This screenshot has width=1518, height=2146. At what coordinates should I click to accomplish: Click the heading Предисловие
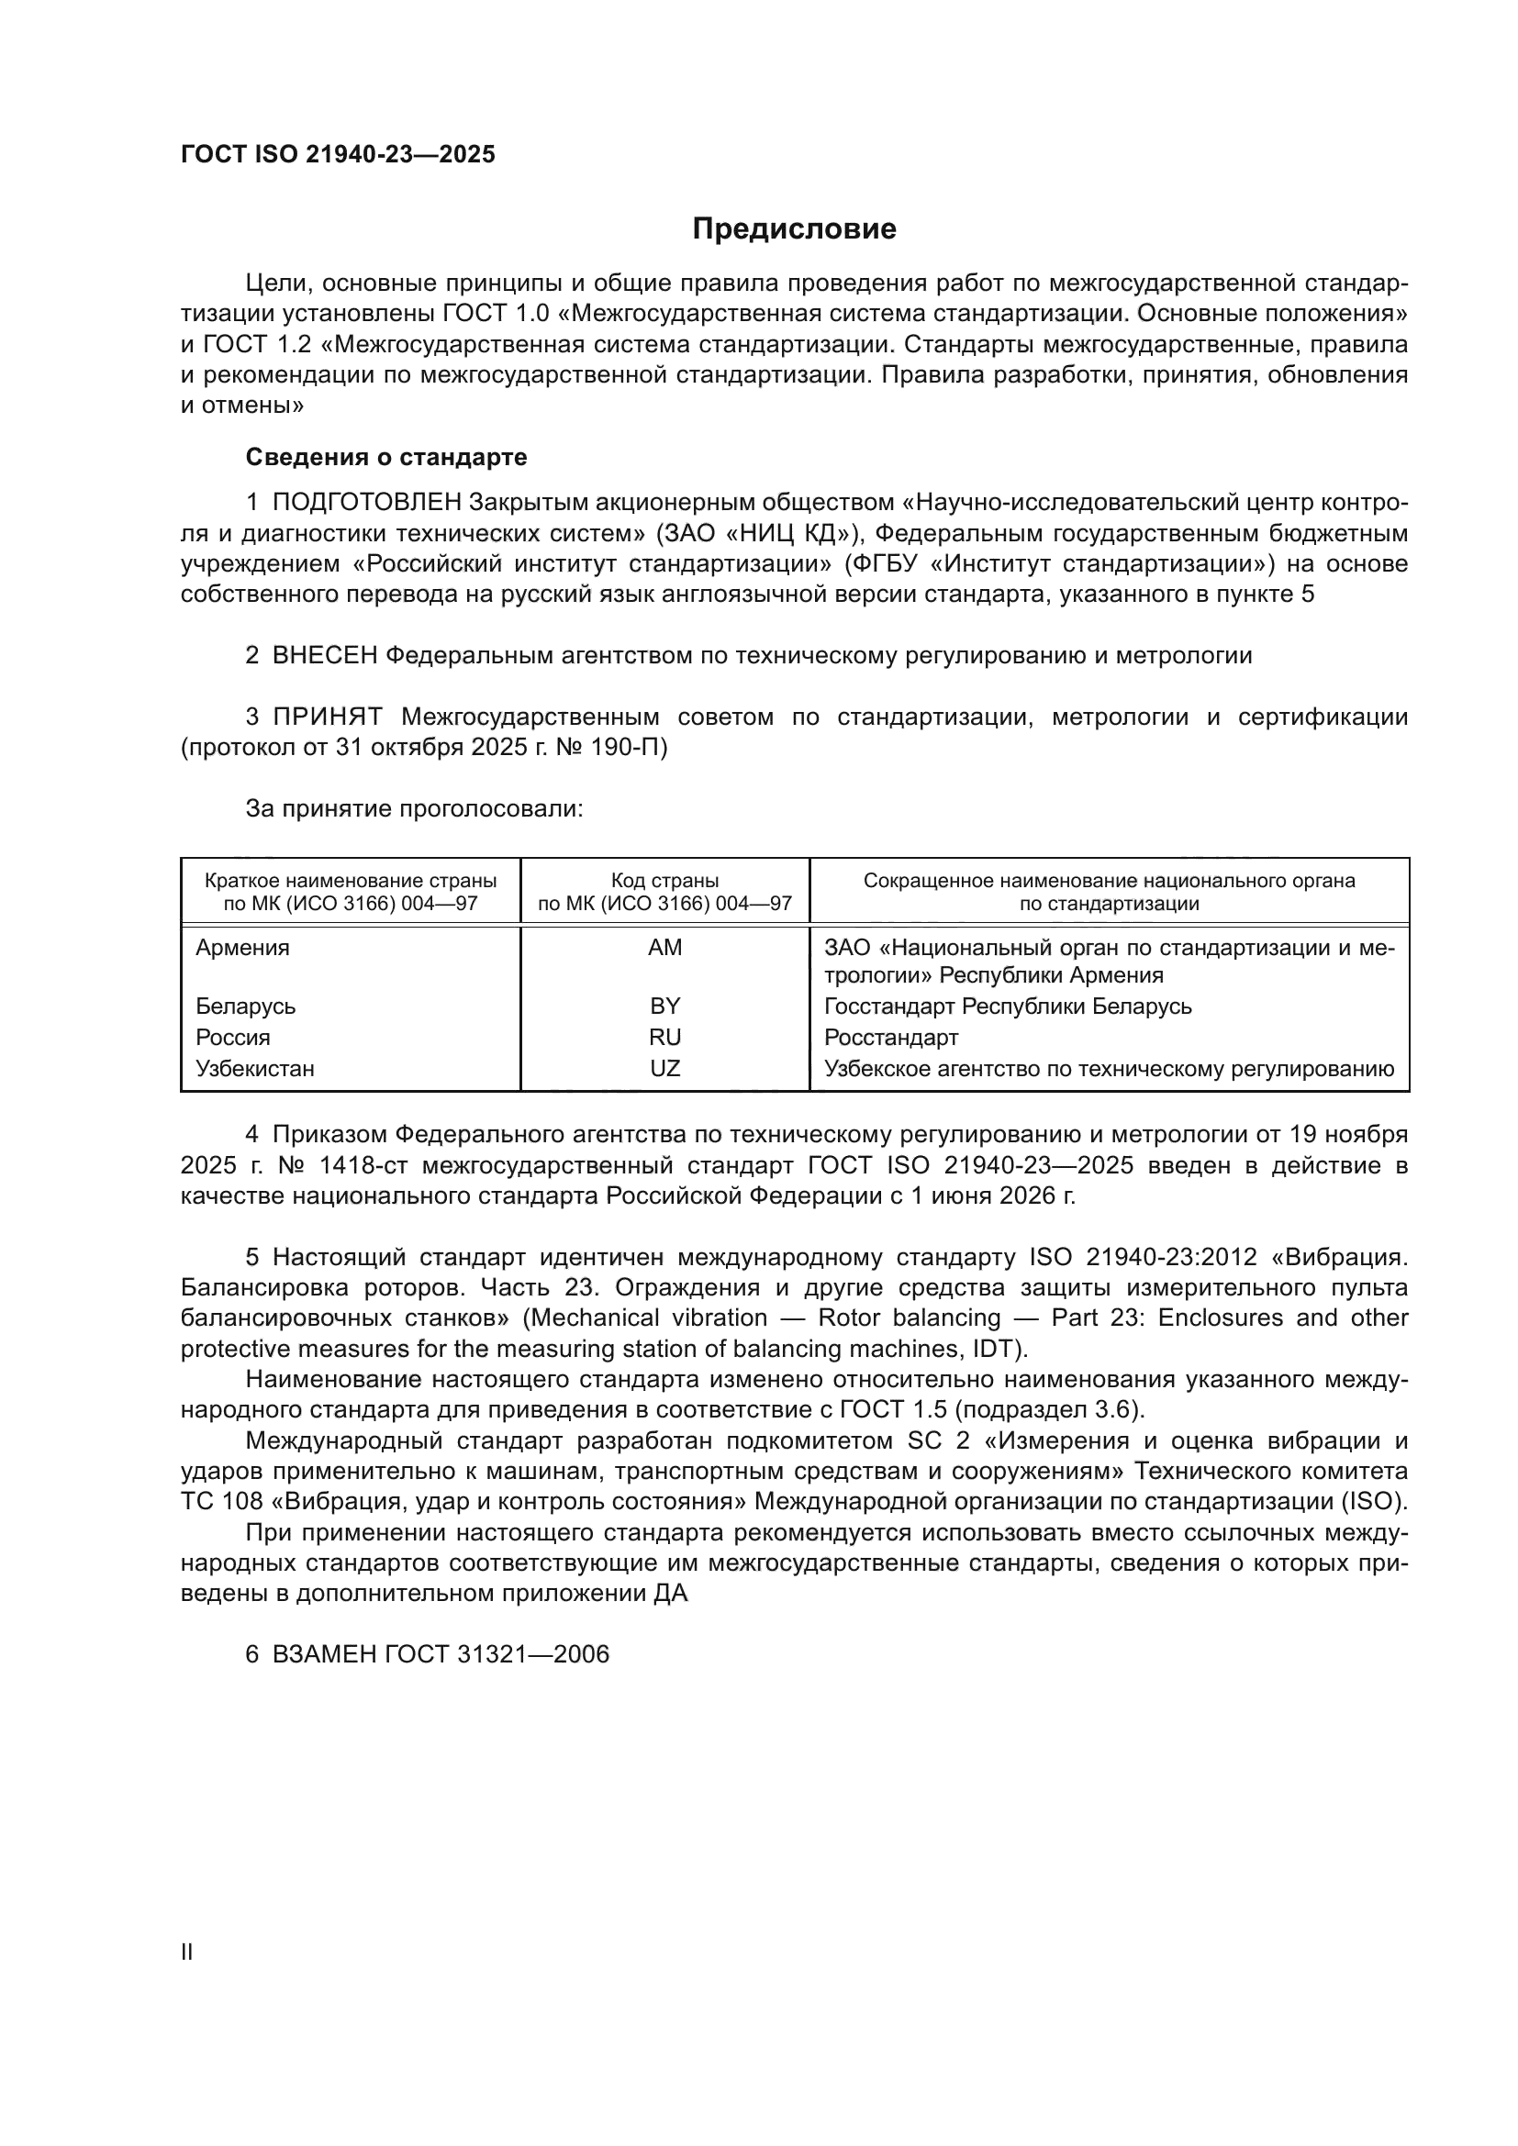point(794,229)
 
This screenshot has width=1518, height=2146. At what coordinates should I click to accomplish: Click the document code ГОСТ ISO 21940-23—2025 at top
point(338,155)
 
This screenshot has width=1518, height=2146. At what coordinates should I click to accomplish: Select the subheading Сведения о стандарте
point(386,457)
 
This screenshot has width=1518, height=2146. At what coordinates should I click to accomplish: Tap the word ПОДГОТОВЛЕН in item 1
point(366,503)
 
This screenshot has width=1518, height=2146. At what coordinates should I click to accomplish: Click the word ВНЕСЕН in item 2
point(324,655)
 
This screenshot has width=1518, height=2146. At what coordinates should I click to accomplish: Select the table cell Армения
point(242,948)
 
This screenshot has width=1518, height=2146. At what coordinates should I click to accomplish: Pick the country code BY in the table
point(664,1006)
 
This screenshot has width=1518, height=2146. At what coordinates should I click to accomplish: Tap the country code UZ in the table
point(664,1068)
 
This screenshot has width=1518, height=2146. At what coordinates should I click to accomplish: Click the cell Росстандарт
point(891,1038)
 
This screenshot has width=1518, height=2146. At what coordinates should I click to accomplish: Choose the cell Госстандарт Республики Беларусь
point(1008,1006)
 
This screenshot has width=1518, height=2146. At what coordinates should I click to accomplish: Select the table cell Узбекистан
point(255,1068)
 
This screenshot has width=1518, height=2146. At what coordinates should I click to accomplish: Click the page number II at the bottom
point(187,1952)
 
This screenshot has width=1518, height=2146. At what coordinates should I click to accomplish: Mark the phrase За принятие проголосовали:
point(414,808)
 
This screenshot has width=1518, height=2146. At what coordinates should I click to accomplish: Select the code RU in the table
point(664,1038)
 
